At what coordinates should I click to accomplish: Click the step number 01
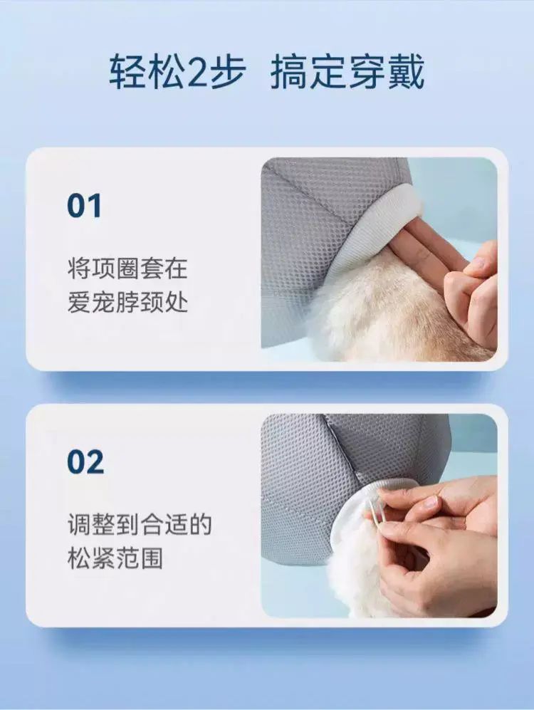point(84,206)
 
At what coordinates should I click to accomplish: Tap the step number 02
point(85,461)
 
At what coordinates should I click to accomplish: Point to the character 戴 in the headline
point(405,71)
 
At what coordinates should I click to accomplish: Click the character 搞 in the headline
point(290,71)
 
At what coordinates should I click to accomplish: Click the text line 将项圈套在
point(127,268)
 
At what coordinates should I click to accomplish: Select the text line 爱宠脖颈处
point(127,302)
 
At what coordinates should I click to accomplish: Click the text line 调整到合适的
point(140,524)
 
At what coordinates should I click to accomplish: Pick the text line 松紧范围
point(115,558)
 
